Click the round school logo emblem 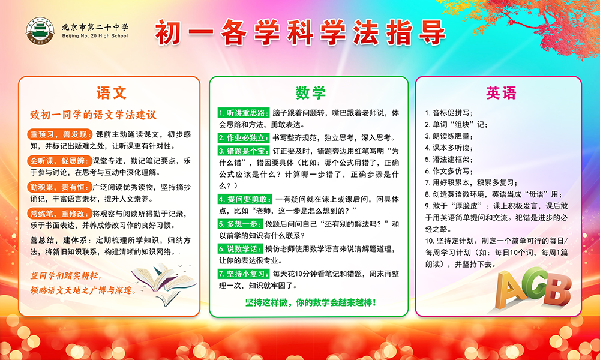tap(40, 31)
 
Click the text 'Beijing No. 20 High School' tap(95, 36)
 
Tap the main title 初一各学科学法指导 tap(301, 32)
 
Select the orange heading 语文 tap(111, 93)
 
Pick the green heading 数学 tap(310, 92)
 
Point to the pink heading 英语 tap(501, 92)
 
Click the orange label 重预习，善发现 tap(60, 134)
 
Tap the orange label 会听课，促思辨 tap(59, 161)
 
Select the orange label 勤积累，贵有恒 tap(59, 187)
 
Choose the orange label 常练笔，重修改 tap(59, 214)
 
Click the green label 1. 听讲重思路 tap(244, 113)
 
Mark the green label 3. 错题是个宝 tap(244, 151)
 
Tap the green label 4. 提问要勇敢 tap(245, 199)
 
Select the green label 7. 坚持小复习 tap(244, 274)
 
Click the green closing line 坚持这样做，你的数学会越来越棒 tap(310, 302)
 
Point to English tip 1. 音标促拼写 tap(449, 113)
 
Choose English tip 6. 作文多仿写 tap(449, 171)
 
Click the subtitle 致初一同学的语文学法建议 tap(93, 115)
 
